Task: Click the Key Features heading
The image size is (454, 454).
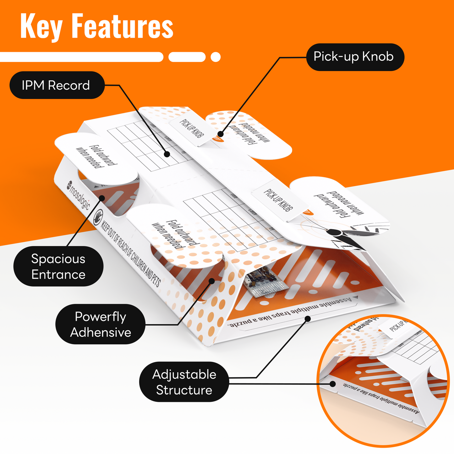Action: (97, 27)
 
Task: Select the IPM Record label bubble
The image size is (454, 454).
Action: (57, 85)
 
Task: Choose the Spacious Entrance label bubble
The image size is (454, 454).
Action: (58, 266)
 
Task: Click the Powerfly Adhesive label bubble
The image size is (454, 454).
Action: (100, 324)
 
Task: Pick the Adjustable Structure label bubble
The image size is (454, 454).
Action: (184, 382)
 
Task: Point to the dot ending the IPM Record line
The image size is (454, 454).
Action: (167, 154)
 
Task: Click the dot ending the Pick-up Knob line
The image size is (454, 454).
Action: (221, 134)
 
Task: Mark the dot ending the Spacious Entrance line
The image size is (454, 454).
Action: (102, 198)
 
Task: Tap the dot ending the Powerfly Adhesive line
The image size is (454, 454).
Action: (212, 281)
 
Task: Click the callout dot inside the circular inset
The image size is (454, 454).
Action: (333, 384)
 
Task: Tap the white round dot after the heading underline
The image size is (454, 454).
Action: (216, 57)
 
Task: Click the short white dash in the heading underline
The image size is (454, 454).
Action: (187, 57)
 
